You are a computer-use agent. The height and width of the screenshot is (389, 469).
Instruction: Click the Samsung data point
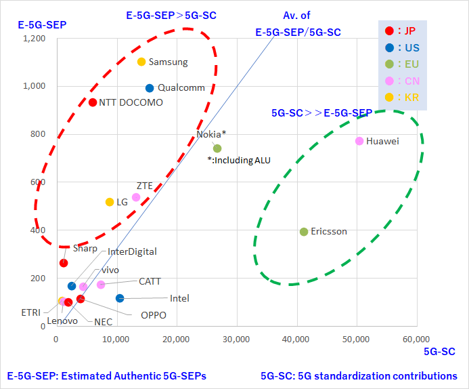click(141, 62)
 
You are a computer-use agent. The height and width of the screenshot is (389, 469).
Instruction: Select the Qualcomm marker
click(150, 88)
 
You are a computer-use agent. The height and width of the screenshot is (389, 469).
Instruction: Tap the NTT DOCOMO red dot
click(93, 102)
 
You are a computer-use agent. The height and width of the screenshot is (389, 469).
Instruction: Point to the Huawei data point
click(359, 141)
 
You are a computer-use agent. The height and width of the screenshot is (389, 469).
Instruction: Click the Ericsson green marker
click(304, 232)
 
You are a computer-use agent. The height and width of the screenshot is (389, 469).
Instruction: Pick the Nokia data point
click(217, 148)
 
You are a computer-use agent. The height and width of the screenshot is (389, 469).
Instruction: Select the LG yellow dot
click(110, 202)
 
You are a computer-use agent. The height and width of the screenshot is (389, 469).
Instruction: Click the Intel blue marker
click(120, 298)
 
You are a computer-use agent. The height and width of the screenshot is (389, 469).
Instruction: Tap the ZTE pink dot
click(136, 197)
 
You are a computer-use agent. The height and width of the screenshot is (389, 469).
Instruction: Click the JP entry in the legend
click(402, 30)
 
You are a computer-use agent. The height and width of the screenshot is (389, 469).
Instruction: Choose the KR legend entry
click(402, 97)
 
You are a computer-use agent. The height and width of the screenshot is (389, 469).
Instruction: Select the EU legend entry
click(402, 64)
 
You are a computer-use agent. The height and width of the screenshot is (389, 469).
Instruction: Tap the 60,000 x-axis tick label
click(416, 339)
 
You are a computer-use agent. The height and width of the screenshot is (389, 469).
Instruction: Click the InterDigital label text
click(133, 251)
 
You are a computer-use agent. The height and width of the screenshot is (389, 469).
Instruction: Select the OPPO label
click(154, 314)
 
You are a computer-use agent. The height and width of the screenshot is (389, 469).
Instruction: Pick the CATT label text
click(150, 281)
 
